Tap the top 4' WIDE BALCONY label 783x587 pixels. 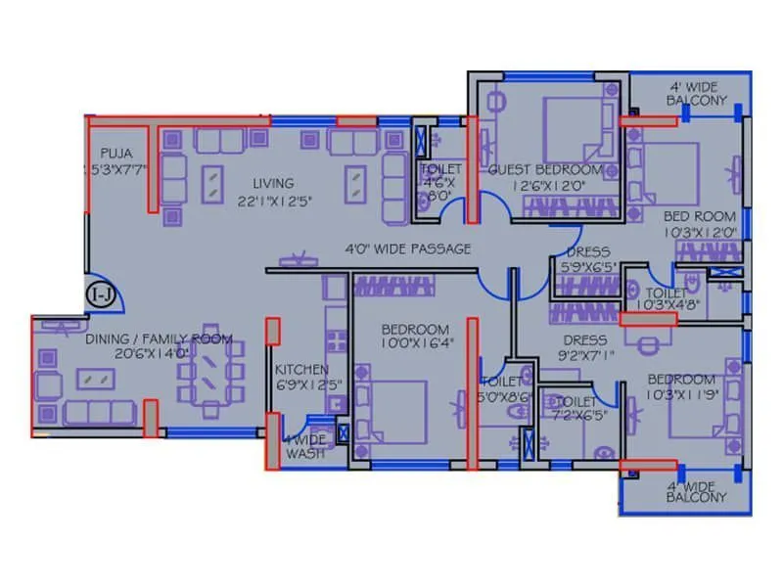click(696, 92)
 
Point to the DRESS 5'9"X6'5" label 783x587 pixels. click(586, 259)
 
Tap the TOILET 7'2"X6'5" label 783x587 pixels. click(576, 409)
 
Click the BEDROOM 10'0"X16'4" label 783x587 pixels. click(415, 337)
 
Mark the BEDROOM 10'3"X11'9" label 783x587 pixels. click(679, 386)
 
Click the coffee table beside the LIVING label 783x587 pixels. click(211, 183)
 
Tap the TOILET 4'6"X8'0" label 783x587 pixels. click(439, 182)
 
